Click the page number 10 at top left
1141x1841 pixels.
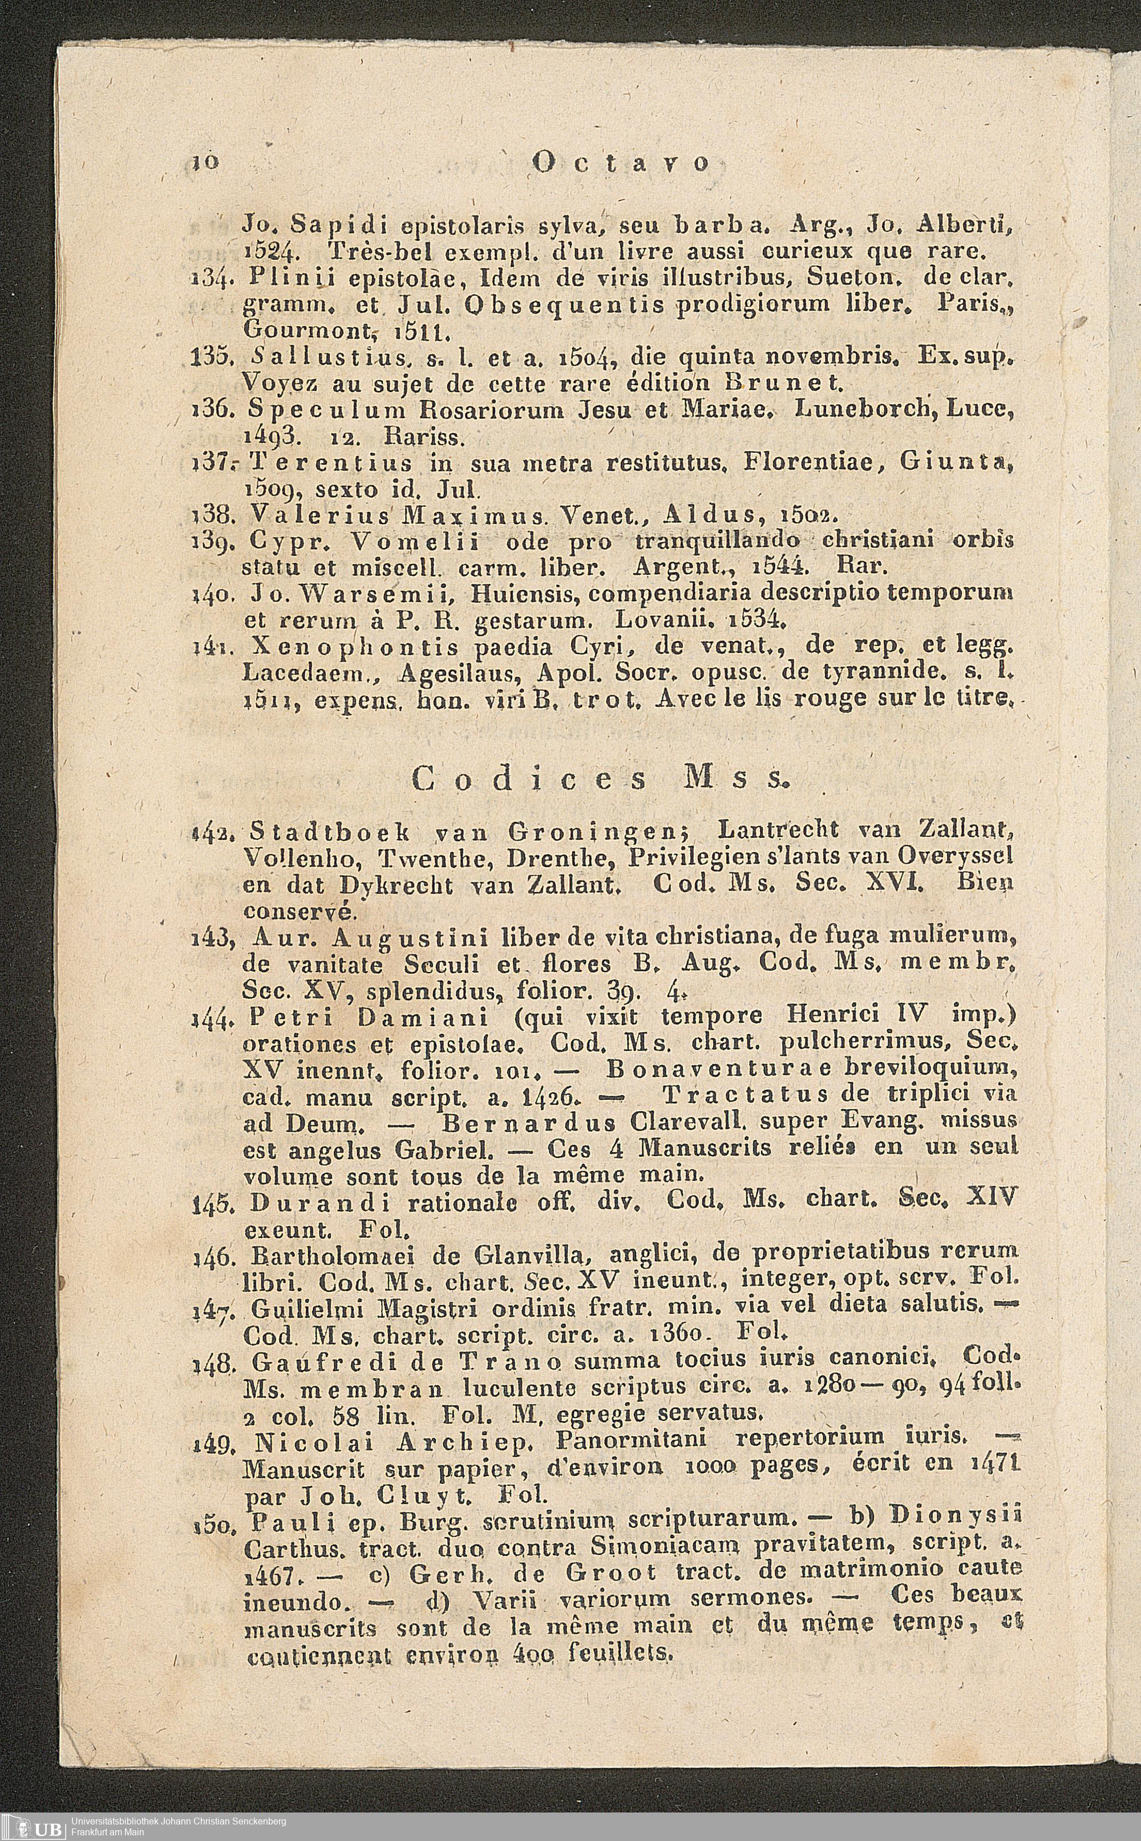[206, 162]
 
